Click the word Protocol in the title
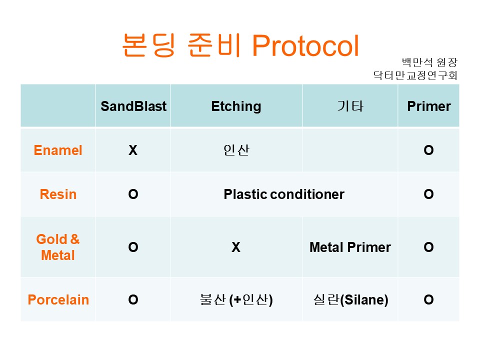pos(305,45)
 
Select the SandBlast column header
pos(133,106)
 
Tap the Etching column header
pos(236,106)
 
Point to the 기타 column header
pos(350,106)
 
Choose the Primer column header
pos(429,106)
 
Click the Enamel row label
pos(58,150)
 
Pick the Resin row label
pos(58,194)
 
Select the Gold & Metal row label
pos(58,247)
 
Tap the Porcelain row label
pos(58,299)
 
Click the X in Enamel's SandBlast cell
pos(133,150)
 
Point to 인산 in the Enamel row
pos(236,150)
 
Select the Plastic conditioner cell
pos(284,194)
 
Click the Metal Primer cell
pos(350,247)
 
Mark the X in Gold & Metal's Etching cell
pos(235,247)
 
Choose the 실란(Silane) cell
pos(350,299)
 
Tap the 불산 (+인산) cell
pos(236,299)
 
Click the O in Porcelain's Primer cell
pos(428,299)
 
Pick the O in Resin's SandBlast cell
pos(133,194)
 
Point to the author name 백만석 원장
pos(429,62)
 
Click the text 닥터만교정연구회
pos(415,75)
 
